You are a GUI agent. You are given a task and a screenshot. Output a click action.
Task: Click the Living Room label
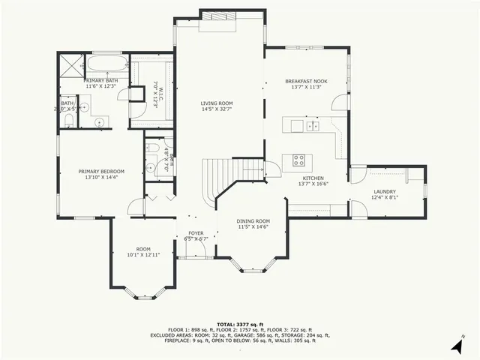pos(216,103)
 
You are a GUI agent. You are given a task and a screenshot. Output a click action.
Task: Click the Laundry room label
pos(385,192)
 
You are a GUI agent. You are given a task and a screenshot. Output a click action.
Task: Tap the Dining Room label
pos(253,220)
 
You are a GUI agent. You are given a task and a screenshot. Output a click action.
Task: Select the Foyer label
pos(196,233)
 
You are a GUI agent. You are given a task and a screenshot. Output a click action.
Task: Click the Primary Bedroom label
pos(101,171)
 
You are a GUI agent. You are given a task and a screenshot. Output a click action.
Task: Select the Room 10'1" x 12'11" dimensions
pos(142,255)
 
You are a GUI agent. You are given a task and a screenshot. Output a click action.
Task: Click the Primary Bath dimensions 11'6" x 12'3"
pos(101,86)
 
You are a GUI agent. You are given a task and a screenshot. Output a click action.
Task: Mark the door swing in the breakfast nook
pos(340,103)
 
